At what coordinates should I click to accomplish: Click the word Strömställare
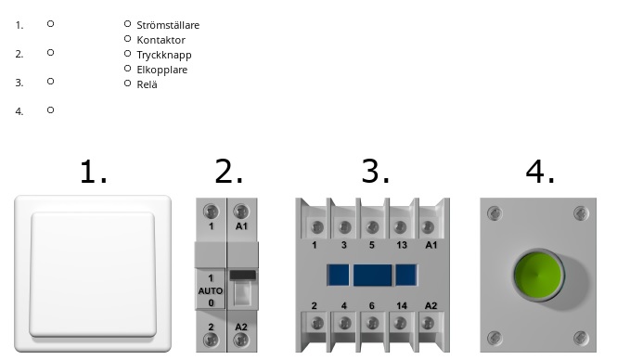click(x=168, y=25)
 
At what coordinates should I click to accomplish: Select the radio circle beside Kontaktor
click(x=127, y=39)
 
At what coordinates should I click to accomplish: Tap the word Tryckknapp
click(x=164, y=55)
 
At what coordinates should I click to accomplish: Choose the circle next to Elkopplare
click(x=127, y=69)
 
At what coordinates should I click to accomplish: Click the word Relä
click(x=147, y=84)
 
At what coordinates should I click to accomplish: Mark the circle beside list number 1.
click(x=50, y=24)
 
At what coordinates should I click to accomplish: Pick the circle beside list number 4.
click(x=50, y=110)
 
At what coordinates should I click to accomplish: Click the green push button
click(x=538, y=275)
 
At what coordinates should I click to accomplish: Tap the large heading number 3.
click(x=376, y=172)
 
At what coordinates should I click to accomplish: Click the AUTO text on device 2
click(x=211, y=291)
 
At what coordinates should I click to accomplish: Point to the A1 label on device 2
click(x=241, y=226)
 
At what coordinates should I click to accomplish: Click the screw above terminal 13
click(x=400, y=227)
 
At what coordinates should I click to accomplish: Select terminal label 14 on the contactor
click(x=402, y=305)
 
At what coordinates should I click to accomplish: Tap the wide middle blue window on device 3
click(x=372, y=275)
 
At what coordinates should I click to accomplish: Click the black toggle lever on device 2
click(x=243, y=275)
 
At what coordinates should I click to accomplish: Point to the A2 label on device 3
click(x=431, y=305)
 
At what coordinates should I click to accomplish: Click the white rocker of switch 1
click(x=93, y=275)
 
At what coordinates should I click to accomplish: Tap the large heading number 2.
click(x=228, y=172)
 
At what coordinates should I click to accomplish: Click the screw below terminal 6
click(x=372, y=324)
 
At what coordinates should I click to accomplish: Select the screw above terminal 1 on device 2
click(x=211, y=212)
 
